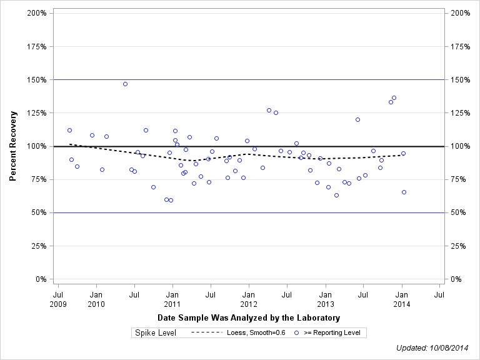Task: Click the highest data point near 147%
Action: [x=125, y=84]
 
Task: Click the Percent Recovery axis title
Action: [x=13, y=146]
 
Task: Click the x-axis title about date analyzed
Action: [x=249, y=318]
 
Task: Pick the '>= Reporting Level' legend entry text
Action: [x=332, y=332]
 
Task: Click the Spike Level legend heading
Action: [x=156, y=332]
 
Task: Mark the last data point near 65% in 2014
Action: [x=404, y=192]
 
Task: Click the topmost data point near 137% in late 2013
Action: [x=394, y=97]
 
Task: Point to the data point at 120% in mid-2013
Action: [x=357, y=119]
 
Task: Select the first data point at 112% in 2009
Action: [x=69, y=130]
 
